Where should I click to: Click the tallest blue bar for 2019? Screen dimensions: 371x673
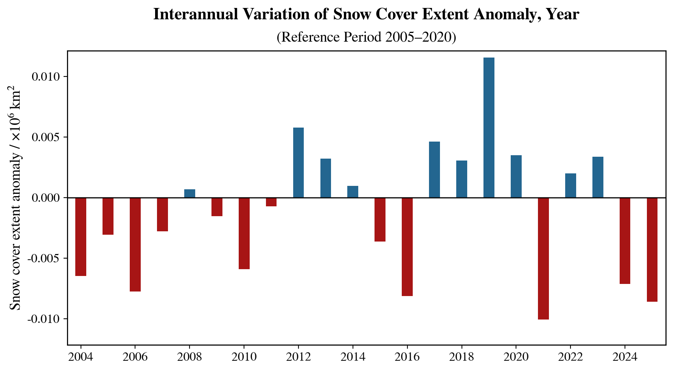489,128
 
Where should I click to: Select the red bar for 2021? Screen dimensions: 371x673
543,259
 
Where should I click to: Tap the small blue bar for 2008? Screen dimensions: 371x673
190,193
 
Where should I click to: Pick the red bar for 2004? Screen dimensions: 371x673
81,237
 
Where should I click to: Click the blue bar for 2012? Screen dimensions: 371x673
298,163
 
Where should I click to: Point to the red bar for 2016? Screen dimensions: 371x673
407,246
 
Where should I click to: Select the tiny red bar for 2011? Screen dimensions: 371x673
271,202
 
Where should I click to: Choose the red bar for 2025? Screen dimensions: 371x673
652,249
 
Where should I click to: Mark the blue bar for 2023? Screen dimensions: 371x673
598,177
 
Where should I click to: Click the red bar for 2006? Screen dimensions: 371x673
135,245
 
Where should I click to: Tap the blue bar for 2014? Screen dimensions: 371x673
353,192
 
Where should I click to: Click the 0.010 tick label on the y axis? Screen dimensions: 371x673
46,77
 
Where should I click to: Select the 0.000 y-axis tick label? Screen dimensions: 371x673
46,198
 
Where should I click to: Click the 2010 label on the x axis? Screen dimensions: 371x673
244,357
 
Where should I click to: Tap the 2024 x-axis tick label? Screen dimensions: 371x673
625,357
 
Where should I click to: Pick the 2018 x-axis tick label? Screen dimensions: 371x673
462,357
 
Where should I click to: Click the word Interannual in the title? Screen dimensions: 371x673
195,15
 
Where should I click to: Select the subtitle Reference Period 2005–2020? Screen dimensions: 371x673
366,37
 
